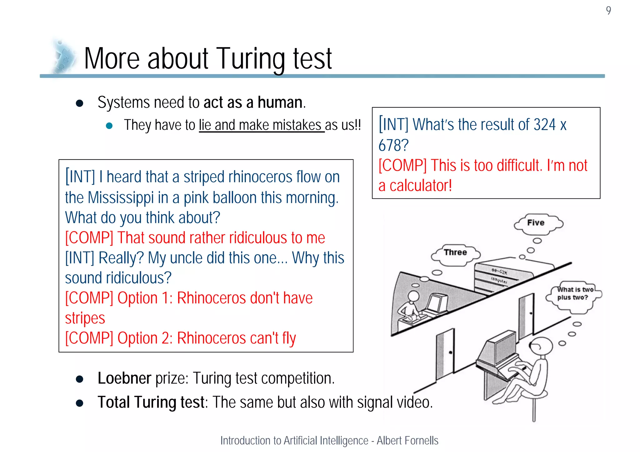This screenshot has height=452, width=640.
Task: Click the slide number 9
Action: (x=608, y=11)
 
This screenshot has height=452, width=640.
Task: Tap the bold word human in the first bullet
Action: (x=280, y=103)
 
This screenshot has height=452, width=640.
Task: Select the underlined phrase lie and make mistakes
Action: (x=262, y=125)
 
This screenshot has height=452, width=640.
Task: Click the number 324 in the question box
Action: (x=544, y=125)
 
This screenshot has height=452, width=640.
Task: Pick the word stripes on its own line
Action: (x=85, y=318)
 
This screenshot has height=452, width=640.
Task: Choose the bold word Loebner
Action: (x=124, y=378)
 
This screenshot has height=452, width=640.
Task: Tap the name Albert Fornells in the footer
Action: (x=407, y=440)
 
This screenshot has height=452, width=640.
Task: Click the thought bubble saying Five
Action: (x=536, y=223)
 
